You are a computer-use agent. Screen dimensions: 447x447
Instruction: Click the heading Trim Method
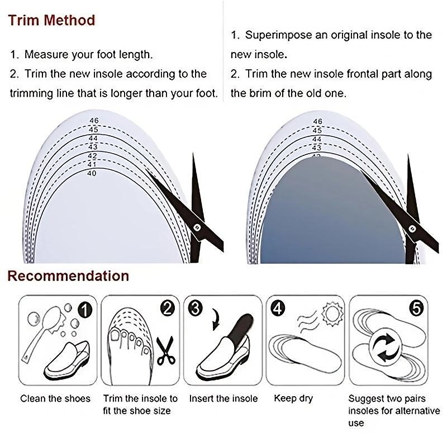(51, 21)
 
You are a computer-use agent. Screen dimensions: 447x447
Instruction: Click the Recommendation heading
(68, 275)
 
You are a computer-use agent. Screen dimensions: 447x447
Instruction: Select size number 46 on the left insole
(94, 121)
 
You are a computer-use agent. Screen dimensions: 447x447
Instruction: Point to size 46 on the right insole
(317, 121)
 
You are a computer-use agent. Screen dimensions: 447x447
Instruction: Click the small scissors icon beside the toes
(165, 351)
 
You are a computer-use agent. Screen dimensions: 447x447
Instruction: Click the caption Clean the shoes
(55, 398)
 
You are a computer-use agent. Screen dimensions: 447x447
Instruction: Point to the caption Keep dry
(293, 398)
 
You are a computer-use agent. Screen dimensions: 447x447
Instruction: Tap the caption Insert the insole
(223, 398)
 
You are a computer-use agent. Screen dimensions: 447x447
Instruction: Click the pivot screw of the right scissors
(413, 227)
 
